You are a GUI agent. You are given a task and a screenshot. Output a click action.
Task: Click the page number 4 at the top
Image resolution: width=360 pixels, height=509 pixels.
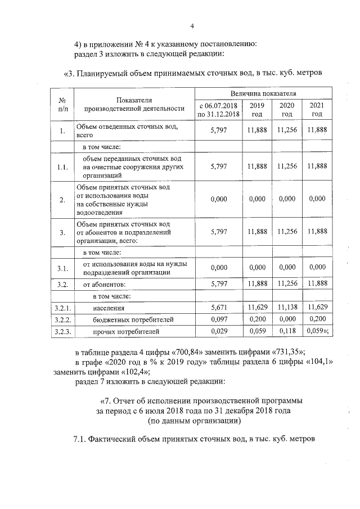tap(192, 26)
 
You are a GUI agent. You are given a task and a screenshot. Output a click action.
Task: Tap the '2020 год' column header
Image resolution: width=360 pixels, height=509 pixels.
tap(287, 110)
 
